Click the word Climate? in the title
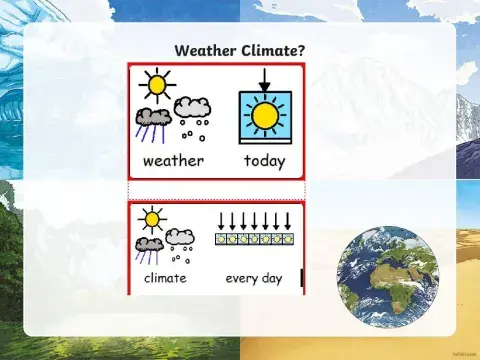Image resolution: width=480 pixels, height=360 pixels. (275, 49)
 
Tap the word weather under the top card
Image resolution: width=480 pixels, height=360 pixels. (173, 160)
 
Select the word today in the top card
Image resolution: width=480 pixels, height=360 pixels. (264, 160)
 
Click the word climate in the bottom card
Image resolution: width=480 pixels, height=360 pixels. (165, 277)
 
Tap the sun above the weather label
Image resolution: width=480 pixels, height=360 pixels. (156, 83)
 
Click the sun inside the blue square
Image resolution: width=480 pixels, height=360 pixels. (264, 116)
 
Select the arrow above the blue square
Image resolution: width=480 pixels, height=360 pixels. (264, 79)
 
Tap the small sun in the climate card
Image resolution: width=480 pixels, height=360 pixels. (152, 218)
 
